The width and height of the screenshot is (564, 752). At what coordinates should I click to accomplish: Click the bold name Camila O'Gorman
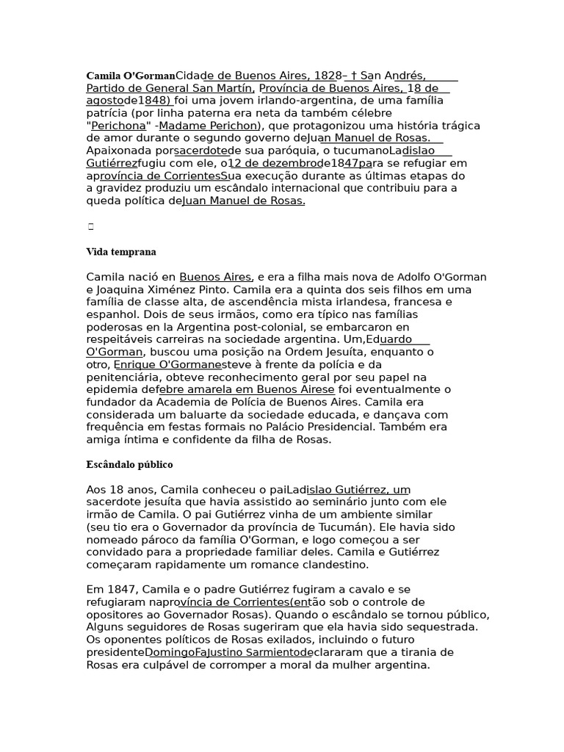pyautogui.click(x=130, y=76)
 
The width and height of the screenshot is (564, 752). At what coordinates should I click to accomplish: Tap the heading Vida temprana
pyautogui.click(x=121, y=252)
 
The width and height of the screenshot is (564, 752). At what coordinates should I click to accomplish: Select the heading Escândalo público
pyautogui.click(x=130, y=465)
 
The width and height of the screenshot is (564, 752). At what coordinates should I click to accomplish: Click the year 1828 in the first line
pyautogui.click(x=328, y=76)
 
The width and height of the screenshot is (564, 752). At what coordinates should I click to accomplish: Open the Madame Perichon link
pyautogui.click(x=209, y=126)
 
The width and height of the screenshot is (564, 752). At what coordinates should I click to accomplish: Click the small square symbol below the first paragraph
pyautogui.click(x=91, y=227)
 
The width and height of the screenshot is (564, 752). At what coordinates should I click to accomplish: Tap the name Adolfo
pyautogui.click(x=415, y=277)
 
